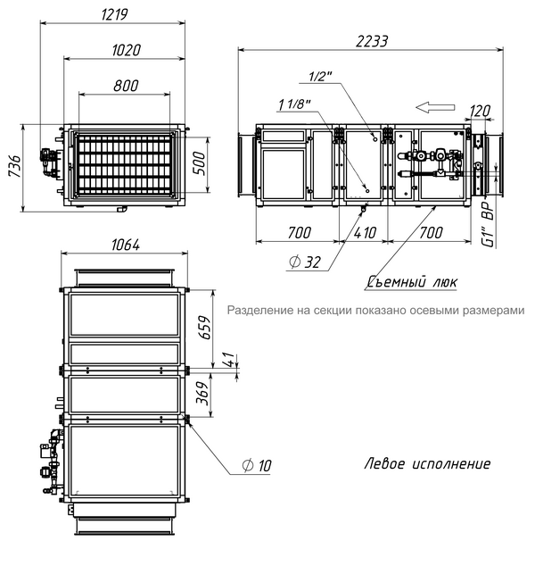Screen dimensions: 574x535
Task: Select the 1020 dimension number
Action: pyautogui.click(x=126, y=50)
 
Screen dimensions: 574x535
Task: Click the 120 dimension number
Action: pyautogui.click(x=481, y=112)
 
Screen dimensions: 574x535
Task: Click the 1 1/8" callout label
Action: pyautogui.click(x=294, y=105)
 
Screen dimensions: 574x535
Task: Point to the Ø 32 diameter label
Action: pyautogui.click(x=305, y=262)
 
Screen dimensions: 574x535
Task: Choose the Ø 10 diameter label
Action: pyautogui.click(x=257, y=465)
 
